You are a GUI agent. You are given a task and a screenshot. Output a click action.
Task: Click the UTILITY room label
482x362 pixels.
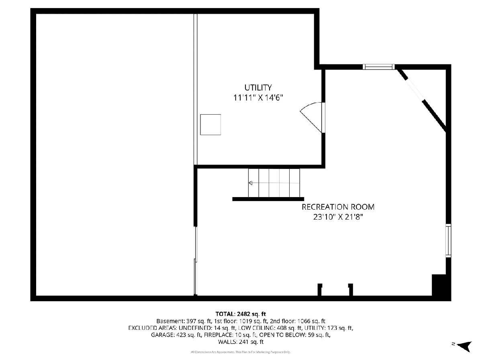tap(258, 87)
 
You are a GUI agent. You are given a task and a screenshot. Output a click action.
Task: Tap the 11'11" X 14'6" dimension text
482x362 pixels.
tap(258, 98)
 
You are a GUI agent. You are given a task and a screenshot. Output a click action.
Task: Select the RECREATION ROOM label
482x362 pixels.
tap(338, 207)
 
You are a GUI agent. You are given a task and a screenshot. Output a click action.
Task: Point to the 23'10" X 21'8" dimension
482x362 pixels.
tap(338, 217)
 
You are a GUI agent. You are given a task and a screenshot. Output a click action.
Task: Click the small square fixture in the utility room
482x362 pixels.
tap(210, 125)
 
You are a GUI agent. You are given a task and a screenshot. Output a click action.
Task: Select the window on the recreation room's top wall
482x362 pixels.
tap(378, 67)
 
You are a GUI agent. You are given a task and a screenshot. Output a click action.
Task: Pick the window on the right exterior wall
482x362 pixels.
tap(448, 241)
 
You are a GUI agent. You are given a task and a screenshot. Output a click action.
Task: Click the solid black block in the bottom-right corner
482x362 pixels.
tap(439, 285)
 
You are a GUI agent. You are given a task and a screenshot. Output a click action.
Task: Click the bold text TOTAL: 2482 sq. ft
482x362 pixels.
tap(241, 314)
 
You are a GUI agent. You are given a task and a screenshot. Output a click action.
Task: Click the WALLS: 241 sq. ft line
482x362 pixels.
tap(241, 342)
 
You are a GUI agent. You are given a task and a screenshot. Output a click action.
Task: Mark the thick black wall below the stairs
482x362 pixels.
tap(268, 199)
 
